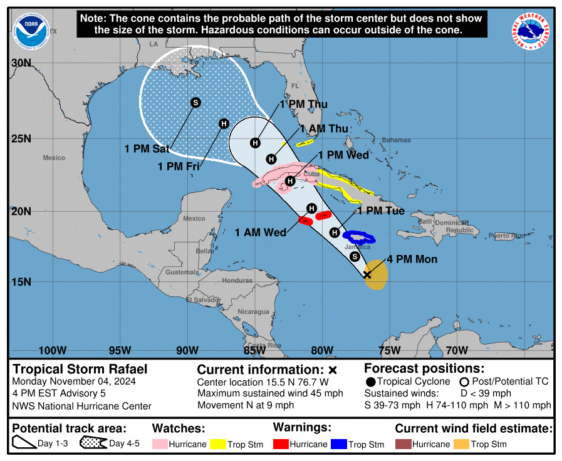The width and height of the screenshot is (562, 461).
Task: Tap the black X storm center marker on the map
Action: coord(367,274)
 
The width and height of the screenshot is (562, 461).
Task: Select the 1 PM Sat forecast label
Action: coord(147,149)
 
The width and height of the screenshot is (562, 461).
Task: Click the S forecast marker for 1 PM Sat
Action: coord(195,102)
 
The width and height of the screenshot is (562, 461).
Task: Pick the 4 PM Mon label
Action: coord(412,259)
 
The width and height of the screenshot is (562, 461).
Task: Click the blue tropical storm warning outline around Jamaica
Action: coord(359,237)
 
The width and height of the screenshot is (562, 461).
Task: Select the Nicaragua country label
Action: coord(254,312)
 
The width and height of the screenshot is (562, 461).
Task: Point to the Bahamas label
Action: coord(396,140)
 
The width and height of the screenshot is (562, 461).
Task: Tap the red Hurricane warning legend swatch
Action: coord(281,444)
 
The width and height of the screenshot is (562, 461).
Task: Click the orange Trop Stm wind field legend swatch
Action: coord(461,444)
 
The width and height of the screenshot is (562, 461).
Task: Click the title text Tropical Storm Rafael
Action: coord(80,368)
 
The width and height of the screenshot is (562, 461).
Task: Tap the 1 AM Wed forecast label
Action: coord(261,233)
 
